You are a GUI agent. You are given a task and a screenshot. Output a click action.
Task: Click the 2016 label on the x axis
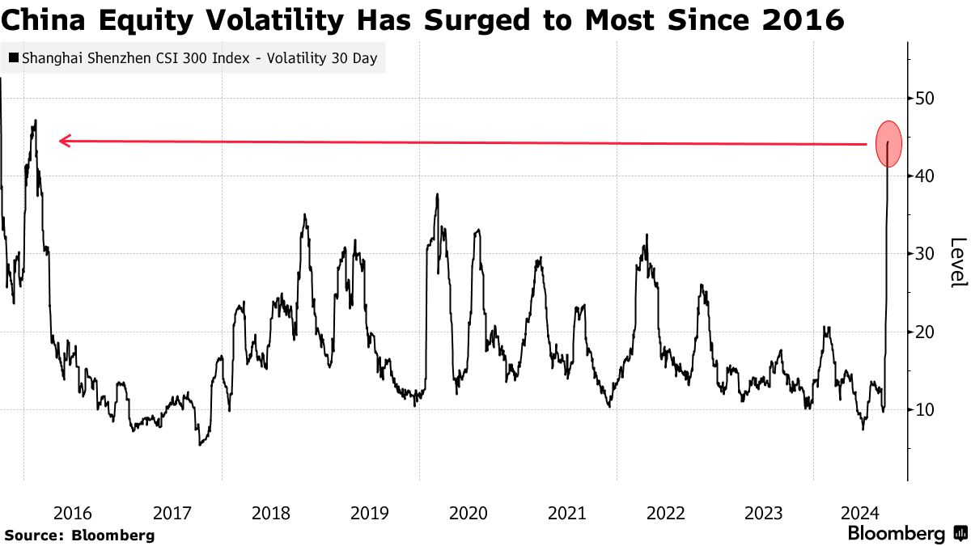pos(73,513)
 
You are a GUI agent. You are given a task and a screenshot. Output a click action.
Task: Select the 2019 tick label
pos(370,513)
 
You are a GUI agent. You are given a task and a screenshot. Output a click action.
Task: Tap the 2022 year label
pos(665,513)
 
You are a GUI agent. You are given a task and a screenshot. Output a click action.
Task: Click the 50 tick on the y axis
pos(926,98)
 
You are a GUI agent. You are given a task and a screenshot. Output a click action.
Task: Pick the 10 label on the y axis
pos(926,410)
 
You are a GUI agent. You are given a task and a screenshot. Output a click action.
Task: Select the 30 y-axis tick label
pos(926,254)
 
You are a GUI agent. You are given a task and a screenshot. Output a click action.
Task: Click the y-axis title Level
pos(957,262)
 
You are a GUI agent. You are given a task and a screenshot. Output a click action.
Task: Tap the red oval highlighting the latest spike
pos(888,144)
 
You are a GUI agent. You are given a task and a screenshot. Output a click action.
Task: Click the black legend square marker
pos(14,59)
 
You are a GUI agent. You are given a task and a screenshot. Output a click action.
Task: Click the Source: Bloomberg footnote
pos(79,535)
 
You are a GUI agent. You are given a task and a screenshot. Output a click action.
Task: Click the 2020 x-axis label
pos(468,513)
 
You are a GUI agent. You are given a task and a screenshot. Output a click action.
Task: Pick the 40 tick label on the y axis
pos(926,176)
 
